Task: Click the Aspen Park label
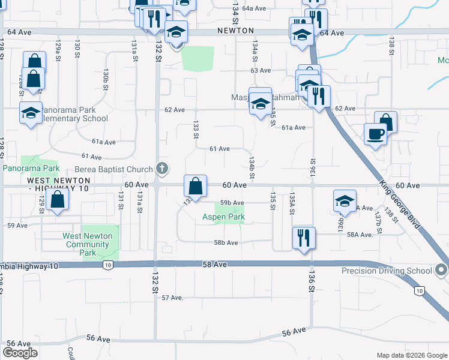(223, 217)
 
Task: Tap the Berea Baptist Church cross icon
(161, 169)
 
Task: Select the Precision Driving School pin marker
(442, 270)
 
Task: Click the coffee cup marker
(376, 134)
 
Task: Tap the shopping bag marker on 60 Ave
(195, 185)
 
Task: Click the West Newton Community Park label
(88, 244)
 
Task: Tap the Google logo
(20, 353)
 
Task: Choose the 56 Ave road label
(294, 331)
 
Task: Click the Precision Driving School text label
(387, 271)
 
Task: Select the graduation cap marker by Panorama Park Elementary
(31, 112)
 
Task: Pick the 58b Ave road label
(226, 242)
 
